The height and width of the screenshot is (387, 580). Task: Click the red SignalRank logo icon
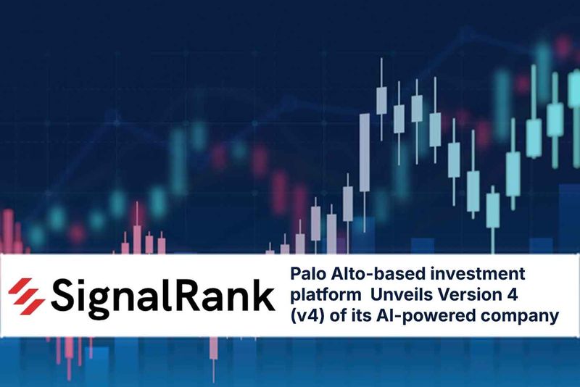coord(27,296)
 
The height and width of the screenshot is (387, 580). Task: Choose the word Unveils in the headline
coord(396,294)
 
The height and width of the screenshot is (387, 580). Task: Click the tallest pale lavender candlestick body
coord(365,153)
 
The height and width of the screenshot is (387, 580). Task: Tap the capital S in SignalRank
coord(63,295)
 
